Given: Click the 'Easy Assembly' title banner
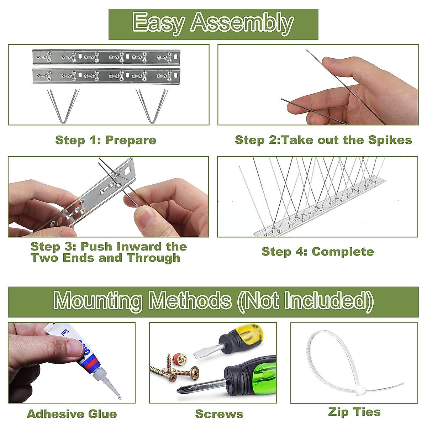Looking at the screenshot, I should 213,23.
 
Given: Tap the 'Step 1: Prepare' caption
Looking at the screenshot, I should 106,140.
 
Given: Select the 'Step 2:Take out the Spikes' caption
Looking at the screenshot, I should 323,140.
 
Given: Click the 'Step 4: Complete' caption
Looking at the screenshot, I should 318,252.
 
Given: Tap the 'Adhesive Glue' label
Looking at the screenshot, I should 72,414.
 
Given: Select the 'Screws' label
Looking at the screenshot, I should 219,414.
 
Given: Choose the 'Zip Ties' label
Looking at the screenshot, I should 354,412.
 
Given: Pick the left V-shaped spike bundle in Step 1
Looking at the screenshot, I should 63,106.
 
